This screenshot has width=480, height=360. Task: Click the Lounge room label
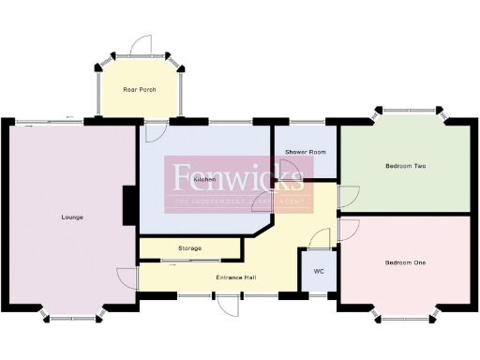pyautogui.click(x=72, y=217)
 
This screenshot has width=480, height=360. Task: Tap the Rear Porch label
pyautogui.click(x=140, y=90)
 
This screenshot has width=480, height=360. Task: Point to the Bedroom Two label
pyautogui.click(x=405, y=166)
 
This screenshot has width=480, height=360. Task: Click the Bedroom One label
pyautogui.click(x=405, y=262)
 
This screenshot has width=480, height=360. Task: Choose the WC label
pyautogui.click(x=318, y=272)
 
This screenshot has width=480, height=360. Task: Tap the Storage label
pyautogui.click(x=189, y=248)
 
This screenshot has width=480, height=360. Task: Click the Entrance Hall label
pyautogui.click(x=236, y=277)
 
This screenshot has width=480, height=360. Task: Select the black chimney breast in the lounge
pyautogui.click(x=129, y=204)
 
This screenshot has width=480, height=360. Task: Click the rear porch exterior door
pyautogui.click(x=140, y=47)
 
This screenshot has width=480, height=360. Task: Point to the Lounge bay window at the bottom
pyautogui.click(x=72, y=317)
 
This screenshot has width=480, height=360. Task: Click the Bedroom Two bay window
pyautogui.click(x=405, y=112)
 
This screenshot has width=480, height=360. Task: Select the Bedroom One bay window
pyautogui.click(x=405, y=318)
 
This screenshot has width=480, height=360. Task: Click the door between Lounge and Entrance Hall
pyautogui.click(x=127, y=277)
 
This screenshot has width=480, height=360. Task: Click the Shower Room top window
pyautogui.click(x=306, y=120)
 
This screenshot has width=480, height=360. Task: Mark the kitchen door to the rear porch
pyautogui.click(x=155, y=130)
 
